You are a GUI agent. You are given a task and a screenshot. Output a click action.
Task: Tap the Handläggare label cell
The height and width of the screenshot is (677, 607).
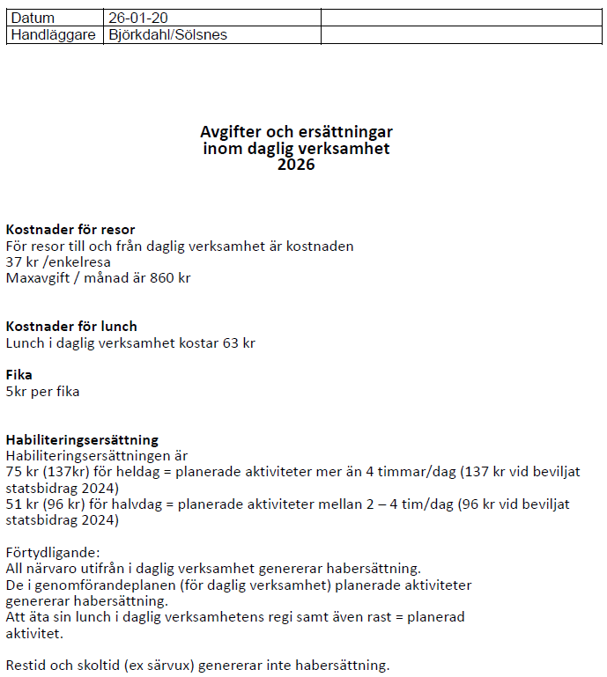[x=53, y=34]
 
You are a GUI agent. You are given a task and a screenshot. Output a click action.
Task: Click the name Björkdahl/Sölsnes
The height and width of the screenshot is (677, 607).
[x=168, y=34]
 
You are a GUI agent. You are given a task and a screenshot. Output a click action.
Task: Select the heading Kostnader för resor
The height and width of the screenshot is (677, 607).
[x=70, y=230]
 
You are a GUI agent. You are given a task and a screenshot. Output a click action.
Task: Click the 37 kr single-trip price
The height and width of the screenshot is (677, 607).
[x=19, y=262]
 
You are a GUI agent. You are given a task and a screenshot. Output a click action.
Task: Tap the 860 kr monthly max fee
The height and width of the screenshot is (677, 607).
[x=171, y=278]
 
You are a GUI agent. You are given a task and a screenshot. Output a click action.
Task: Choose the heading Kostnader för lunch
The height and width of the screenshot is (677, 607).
[x=71, y=327]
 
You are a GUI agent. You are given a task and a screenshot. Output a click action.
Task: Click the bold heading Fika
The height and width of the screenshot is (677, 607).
[x=19, y=375]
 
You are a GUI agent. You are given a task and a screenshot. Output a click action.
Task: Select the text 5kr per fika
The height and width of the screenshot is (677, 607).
[x=42, y=391]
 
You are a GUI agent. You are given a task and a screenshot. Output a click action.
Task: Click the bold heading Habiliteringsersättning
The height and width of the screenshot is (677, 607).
[x=82, y=439]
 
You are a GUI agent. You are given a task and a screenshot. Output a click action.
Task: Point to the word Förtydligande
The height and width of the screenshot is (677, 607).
[x=52, y=553]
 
